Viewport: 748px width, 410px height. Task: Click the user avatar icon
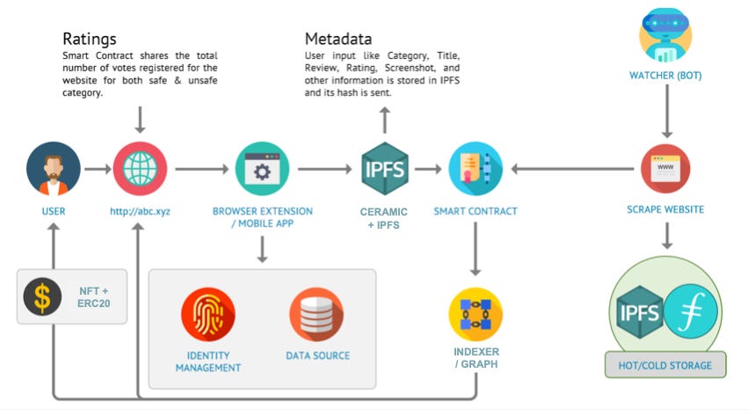54,170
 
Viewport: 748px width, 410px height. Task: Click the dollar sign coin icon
42,297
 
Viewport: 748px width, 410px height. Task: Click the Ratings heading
90,39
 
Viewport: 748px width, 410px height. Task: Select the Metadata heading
338,39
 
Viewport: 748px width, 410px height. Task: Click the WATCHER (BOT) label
665,76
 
